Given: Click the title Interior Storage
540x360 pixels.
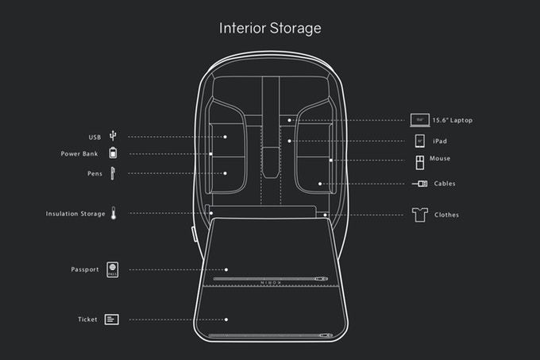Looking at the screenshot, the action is (270, 29).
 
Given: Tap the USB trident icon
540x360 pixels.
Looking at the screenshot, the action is (113, 136).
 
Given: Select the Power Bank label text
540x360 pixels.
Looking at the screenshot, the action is (79, 153).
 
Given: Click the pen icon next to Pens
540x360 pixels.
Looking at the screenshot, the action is (113, 173).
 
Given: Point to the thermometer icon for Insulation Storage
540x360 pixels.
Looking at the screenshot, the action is (114, 213).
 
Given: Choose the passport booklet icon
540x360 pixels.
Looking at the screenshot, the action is (112, 269).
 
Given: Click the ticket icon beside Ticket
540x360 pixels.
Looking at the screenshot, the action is (112, 319).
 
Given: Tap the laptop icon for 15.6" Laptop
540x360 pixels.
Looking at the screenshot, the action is (420, 120).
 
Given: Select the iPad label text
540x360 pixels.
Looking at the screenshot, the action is (440, 141).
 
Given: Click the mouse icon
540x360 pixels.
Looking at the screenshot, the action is (420, 162).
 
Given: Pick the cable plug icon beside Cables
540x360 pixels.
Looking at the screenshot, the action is (420, 184).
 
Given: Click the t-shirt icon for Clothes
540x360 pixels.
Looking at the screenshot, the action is (420, 215).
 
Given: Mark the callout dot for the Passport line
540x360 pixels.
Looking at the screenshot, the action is (226, 269).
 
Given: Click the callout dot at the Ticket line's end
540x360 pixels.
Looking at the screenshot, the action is (226, 319).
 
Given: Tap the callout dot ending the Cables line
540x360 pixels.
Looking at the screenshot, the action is (320, 184).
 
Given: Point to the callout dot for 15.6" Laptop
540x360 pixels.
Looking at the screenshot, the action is (289, 120).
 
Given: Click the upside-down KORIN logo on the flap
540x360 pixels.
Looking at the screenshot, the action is (271, 283).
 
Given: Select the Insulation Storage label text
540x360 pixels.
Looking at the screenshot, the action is (75, 214).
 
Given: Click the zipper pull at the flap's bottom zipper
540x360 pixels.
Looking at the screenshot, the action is (326, 335).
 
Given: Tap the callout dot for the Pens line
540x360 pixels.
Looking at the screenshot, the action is (226, 173).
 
